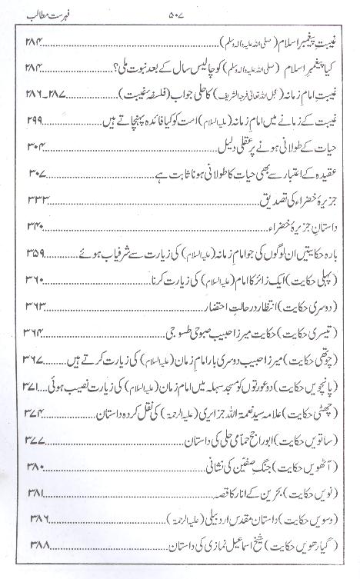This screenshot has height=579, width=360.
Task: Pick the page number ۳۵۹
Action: [34, 255]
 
